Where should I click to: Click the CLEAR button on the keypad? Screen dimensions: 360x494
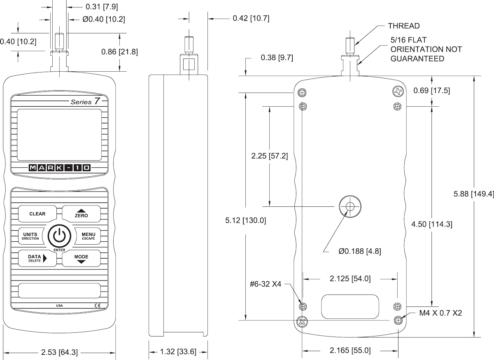click(37, 214)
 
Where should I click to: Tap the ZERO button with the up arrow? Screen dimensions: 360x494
click(81, 213)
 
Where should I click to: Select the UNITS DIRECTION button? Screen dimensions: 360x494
click(30, 236)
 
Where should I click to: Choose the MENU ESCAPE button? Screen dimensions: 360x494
click(88, 236)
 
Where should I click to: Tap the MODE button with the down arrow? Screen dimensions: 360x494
click(81, 258)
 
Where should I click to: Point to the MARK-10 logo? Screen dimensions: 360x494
click(60, 168)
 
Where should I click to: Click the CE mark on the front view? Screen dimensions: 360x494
click(97, 305)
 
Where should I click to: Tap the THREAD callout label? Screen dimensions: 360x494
click(403, 26)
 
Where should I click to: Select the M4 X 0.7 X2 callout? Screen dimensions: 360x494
click(440, 313)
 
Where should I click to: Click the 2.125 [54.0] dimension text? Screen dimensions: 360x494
click(350, 279)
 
